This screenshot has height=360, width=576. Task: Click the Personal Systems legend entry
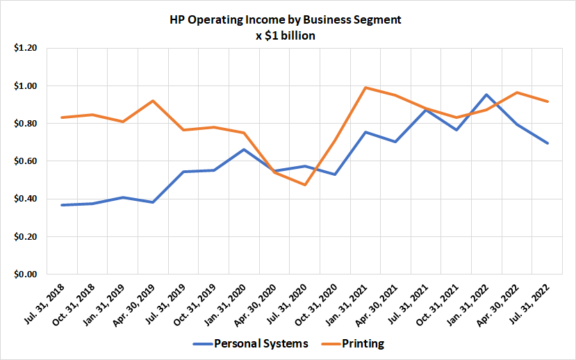point(252,343)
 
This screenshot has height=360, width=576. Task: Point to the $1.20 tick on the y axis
point(26,49)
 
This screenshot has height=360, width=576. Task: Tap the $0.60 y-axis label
point(26,161)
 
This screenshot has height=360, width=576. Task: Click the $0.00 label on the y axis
point(26,275)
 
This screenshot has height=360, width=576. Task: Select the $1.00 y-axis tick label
point(26,86)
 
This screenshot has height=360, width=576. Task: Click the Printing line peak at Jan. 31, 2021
point(365,88)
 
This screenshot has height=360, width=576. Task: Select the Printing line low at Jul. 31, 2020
point(305,185)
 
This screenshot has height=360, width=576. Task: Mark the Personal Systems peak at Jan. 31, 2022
point(487,95)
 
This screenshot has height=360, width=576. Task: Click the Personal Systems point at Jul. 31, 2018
point(62,205)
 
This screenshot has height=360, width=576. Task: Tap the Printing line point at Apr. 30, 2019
point(153,101)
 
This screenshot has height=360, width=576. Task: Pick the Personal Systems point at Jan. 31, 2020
point(244,149)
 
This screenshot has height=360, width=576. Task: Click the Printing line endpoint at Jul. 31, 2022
point(548,101)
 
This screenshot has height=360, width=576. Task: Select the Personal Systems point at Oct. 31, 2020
point(335,174)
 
